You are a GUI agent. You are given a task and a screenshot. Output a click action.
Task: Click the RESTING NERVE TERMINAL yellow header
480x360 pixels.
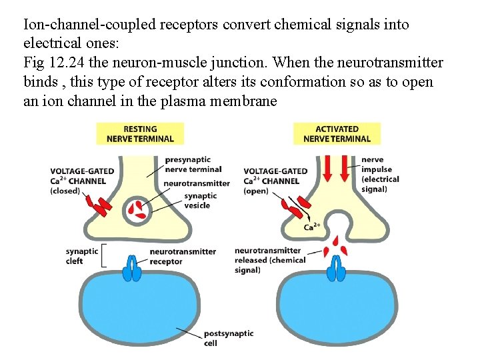coord(140,134)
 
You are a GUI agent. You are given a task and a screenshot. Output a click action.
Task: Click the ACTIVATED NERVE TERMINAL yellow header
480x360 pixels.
coord(337,134)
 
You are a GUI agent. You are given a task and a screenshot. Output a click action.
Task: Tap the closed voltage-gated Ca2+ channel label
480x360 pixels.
coord(82,181)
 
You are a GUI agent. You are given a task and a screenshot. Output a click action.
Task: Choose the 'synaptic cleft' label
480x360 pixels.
coord(82,256)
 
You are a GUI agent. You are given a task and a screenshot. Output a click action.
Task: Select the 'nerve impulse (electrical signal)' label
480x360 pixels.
coord(379,175)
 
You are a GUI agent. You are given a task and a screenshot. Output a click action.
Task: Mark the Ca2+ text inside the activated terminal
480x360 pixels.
coord(311,227)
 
